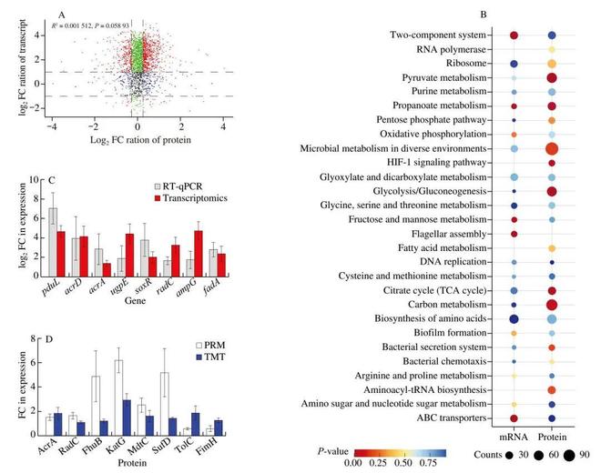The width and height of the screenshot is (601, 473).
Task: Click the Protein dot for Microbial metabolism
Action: (x=552, y=148)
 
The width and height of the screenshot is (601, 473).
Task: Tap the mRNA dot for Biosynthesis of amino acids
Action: (x=514, y=319)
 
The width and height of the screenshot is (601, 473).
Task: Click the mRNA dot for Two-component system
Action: (x=514, y=35)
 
